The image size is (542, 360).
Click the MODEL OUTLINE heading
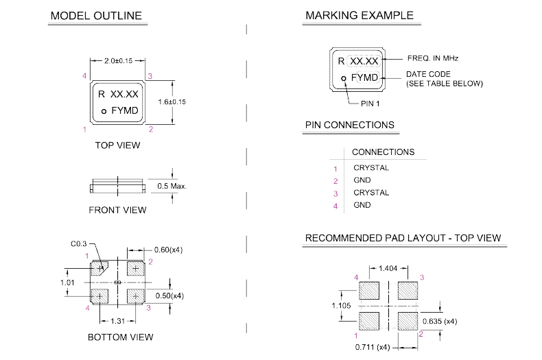pyautogui.click(x=96, y=16)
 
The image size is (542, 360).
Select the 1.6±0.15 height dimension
pyautogui.click(x=172, y=101)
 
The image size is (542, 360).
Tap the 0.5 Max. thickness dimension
pyautogui.click(x=172, y=186)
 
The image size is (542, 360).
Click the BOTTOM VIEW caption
pyautogui.click(x=120, y=337)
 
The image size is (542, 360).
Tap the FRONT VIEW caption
pyautogui.click(x=117, y=210)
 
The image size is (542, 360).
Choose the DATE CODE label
pyautogui.click(x=426, y=73)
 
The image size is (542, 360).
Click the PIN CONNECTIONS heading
pyautogui.click(x=349, y=125)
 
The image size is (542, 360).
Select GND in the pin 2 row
pyautogui.click(x=362, y=180)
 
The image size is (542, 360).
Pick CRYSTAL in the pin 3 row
pyautogui.click(x=370, y=193)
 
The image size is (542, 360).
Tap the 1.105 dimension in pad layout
pyautogui.click(x=342, y=304)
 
